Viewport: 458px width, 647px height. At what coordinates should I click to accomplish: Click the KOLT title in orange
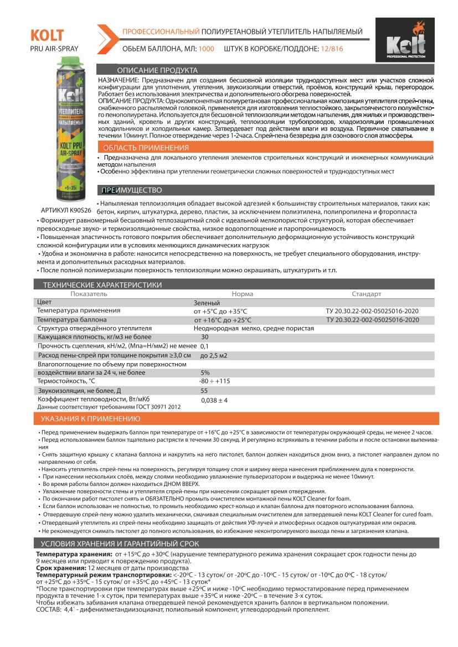[47, 36]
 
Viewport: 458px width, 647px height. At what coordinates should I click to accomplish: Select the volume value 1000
[206, 49]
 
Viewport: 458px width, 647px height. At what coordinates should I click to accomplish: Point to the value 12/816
[331, 49]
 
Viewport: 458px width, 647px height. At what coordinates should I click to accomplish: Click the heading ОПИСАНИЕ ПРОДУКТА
[157, 71]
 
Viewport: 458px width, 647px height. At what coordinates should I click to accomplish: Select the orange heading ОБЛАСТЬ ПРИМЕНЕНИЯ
[146, 148]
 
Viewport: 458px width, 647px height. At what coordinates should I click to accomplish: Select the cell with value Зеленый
[207, 303]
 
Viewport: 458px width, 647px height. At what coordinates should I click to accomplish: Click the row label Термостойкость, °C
[66, 381]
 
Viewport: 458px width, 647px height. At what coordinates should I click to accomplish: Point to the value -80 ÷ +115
[214, 381]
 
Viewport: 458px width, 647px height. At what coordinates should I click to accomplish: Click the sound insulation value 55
[204, 390]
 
